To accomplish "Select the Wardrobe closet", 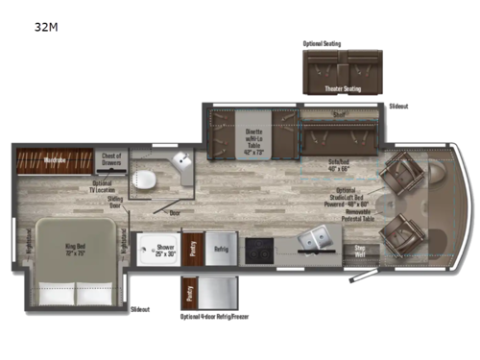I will tap(54, 156).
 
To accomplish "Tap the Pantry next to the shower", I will tap(192, 248).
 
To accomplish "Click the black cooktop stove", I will tap(259, 248).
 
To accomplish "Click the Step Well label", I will tap(359, 251).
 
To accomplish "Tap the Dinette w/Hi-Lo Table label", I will tap(254, 146).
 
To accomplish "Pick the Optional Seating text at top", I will tap(321, 42).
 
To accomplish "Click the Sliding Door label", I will tap(115, 202).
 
